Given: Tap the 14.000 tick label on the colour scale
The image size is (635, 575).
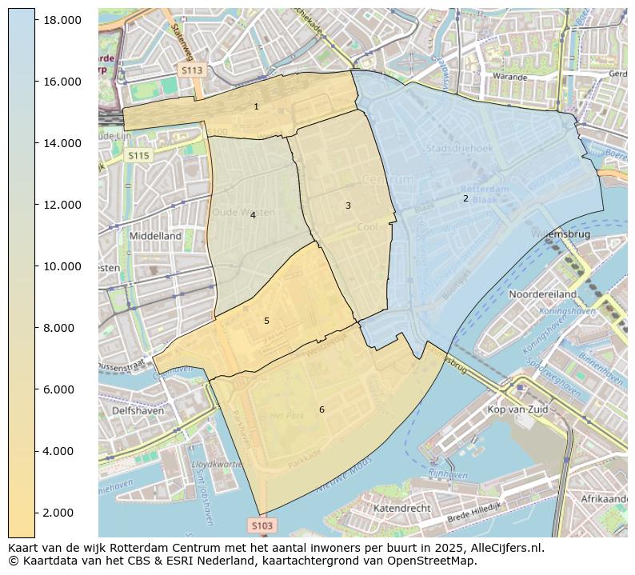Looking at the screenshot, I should tap(62, 143).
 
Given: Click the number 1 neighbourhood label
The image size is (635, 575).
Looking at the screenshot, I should tap(256, 106).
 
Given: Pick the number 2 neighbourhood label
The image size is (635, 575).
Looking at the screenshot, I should tap(465, 198).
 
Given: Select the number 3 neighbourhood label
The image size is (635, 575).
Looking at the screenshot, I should tap(348, 206).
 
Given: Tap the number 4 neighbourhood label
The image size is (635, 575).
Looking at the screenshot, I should tap(253, 215).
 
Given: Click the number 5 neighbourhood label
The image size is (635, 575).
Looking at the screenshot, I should tap(266, 321).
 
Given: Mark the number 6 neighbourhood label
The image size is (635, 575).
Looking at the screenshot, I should tap(321, 409).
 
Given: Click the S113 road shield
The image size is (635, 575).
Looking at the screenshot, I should tap(192, 70).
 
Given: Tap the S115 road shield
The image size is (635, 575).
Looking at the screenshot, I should tap(138, 156).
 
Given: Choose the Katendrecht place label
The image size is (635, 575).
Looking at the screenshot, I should tap(402, 508).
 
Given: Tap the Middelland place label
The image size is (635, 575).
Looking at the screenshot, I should tap(155, 236).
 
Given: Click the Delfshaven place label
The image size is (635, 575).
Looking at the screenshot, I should tap(138, 410).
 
